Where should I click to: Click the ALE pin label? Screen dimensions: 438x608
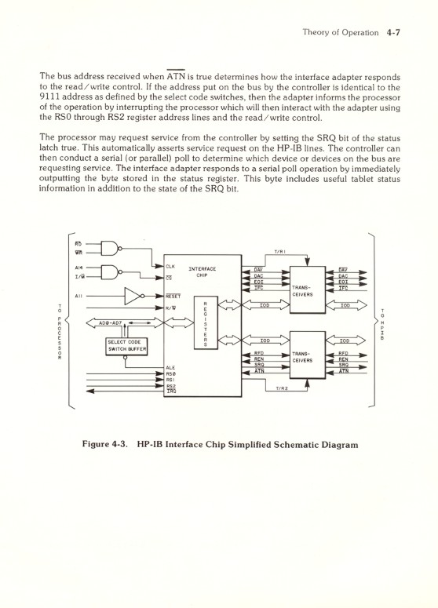[170, 367]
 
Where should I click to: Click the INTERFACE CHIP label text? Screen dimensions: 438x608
[203, 272]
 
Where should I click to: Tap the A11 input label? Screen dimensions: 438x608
[79, 297]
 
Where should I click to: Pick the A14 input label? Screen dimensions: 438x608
[79, 268]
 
